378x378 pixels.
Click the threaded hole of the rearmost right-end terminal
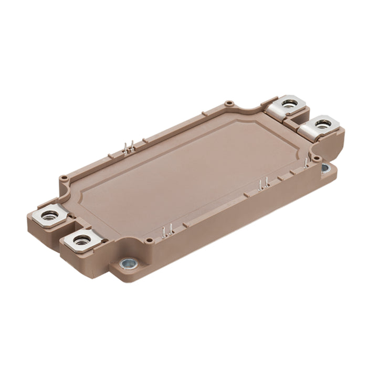point(288,103)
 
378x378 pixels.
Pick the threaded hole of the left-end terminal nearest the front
point(81,241)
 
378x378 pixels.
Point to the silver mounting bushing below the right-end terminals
point(325,168)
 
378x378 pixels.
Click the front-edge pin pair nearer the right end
point(264,184)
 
